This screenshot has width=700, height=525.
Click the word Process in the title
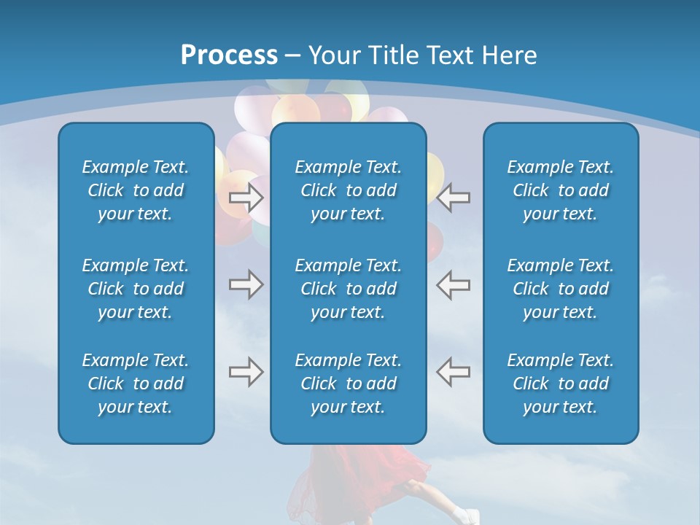229,55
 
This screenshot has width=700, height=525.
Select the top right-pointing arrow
246,198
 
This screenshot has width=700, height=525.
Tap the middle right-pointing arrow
246,284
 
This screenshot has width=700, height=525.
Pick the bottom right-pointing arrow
246,372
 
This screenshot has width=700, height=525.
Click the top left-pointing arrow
453,198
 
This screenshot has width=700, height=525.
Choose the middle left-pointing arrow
453,284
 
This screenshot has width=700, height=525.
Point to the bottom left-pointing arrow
453,372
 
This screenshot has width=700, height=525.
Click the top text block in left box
136,190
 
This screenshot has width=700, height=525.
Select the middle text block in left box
136,289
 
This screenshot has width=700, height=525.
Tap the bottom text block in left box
136,384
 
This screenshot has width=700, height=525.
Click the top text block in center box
349,190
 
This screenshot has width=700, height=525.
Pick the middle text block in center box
349,289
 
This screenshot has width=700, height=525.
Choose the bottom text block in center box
349,384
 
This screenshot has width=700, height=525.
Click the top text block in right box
561,190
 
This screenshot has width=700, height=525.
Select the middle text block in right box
561,289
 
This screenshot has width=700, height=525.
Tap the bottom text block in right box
561,384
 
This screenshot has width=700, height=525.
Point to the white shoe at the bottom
462,513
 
